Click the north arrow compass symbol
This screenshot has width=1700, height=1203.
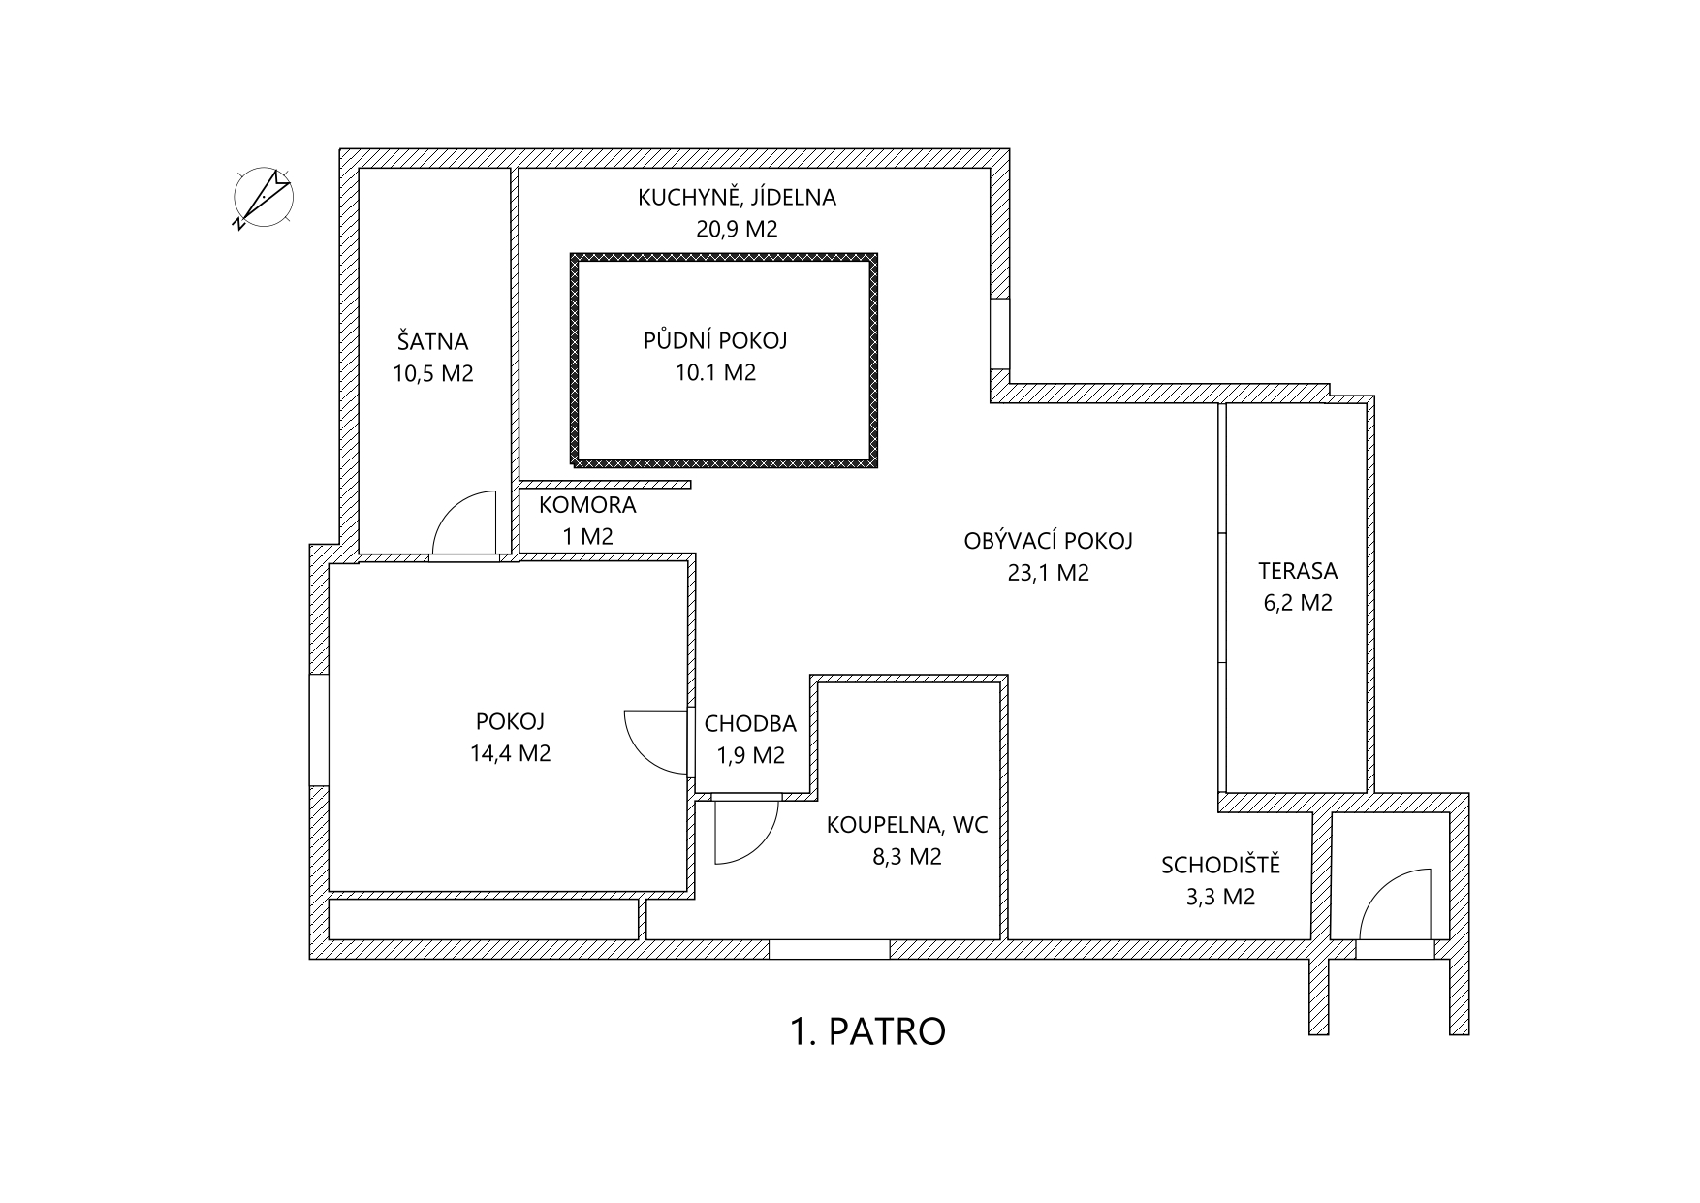click(263, 197)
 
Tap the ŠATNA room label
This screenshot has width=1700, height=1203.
click(432, 342)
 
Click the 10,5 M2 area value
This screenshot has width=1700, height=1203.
click(432, 373)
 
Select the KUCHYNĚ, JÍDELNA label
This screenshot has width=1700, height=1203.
click(737, 198)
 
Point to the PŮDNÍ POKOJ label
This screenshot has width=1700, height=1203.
click(715, 341)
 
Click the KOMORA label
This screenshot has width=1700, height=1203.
click(587, 505)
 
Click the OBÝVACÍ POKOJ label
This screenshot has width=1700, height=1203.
click(1048, 541)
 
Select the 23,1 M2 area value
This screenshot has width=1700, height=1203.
click(1048, 573)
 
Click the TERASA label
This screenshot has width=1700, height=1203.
click(1297, 571)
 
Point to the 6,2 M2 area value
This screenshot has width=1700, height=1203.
click(1297, 603)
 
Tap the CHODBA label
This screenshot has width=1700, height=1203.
click(750, 724)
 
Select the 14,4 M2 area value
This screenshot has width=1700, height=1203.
click(510, 753)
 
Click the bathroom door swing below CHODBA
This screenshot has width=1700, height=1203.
click(742, 832)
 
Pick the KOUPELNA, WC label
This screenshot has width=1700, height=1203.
click(906, 826)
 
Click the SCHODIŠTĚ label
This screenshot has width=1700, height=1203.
click(1220, 865)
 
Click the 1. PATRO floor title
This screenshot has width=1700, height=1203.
click(867, 1031)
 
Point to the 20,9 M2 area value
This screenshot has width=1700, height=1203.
click(737, 230)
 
